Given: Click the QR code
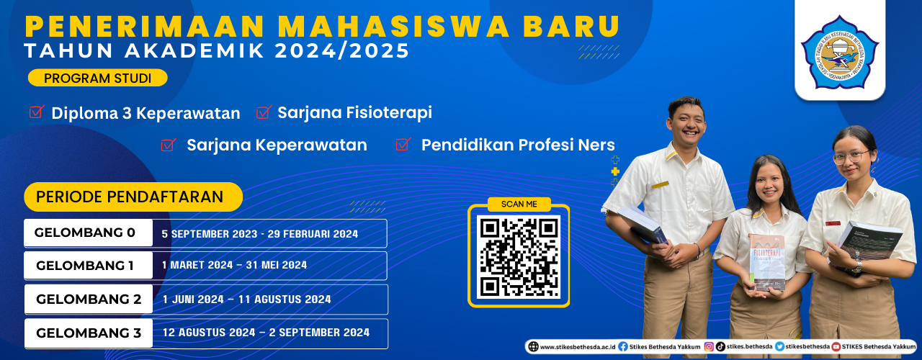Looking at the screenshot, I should coord(519,257).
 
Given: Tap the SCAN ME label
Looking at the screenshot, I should coord(519,204).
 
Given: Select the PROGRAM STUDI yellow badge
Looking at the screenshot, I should coord(97,78).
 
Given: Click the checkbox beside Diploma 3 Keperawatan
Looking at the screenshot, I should coord(36,112).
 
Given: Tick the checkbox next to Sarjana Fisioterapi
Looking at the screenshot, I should coord(263,112).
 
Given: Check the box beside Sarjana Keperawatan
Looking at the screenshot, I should coord(169,145).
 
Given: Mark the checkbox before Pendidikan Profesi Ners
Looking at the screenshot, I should coord(403,145).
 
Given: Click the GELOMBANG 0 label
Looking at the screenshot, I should coord(85,233).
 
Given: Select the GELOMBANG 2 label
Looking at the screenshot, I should coord(89,299).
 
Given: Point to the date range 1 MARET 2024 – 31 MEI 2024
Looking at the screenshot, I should coord(235,265).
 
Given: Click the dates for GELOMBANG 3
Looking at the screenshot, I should coord(266,332).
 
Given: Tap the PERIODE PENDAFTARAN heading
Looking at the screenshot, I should coord(130,197).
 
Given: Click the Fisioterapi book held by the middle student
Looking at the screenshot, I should coord(766,261).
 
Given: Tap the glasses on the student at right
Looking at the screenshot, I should coord(851,156).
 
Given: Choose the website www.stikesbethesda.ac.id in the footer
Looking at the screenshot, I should coord(573,346).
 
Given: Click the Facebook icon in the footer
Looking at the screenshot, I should coord(622,346).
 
